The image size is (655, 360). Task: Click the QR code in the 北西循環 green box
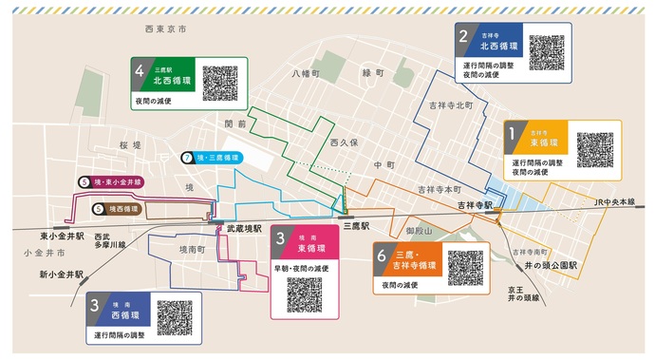click(219, 83)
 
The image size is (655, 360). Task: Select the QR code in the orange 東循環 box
click(594, 148)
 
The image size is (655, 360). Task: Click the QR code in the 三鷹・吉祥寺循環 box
click(465, 268)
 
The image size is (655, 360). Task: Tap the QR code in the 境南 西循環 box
click(176, 316)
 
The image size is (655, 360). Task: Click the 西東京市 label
click(165, 30)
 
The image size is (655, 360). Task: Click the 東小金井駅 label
click(63, 234)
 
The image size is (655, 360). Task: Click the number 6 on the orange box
click(382, 257)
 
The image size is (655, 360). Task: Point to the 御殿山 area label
click(418, 231)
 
